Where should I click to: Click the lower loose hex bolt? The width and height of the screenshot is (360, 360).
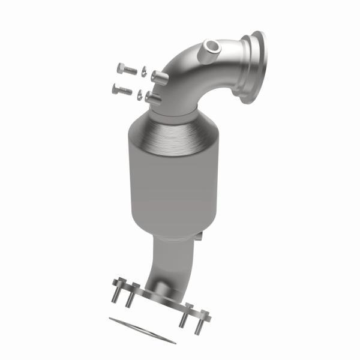122,90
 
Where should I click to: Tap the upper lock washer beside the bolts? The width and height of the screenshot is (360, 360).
143,71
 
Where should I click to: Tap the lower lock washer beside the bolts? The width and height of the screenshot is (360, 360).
140,94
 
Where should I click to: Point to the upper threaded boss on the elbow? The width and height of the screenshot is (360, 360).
157,76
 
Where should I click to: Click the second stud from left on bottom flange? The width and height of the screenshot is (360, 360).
129,298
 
